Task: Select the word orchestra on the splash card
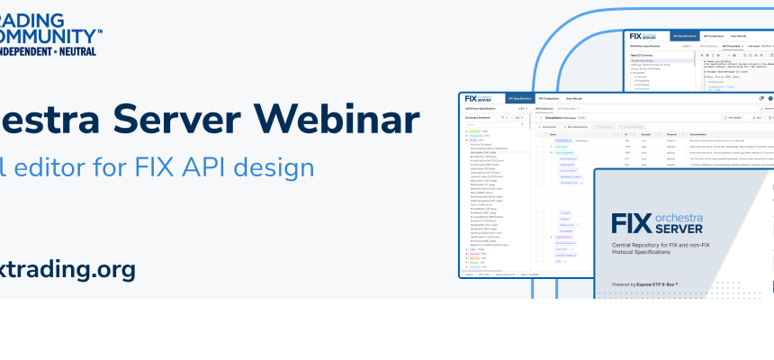692,217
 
